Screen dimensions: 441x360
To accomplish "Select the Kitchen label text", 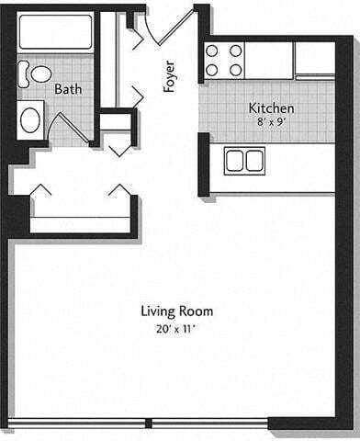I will tap(272, 108).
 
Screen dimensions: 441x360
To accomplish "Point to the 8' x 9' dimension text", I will tap(272, 122).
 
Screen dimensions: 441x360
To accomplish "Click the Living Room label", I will tap(176, 311).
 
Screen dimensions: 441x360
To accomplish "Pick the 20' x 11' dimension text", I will tap(176, 327).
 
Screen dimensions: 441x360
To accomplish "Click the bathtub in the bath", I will tap(55, 32).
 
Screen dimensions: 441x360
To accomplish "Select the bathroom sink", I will tap(30, 120).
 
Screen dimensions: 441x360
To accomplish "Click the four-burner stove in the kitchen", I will tap(223, 60).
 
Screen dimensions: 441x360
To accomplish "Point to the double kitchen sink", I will tap(244, 160).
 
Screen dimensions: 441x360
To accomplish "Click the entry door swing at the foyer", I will tap(169, 28).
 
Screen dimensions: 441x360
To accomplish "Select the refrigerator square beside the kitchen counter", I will tap(315, 58).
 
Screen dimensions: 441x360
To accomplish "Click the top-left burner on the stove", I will tap(211, 51).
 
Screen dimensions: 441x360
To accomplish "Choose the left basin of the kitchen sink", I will tap(234, 160).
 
